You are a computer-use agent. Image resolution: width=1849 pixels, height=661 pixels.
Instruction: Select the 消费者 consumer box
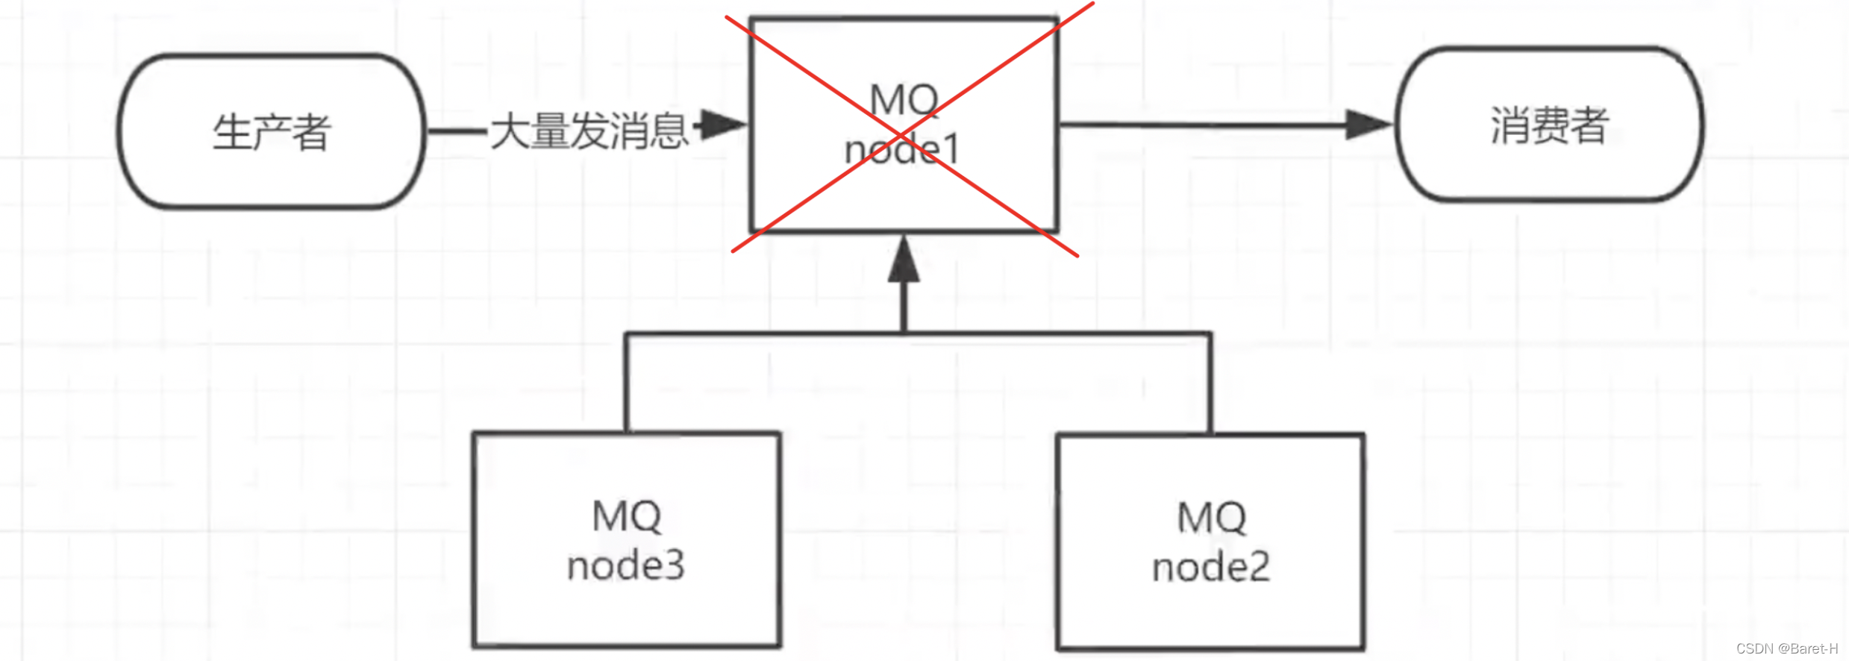[1549, 125]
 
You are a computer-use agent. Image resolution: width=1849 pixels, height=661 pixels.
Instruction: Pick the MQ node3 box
[627, 539]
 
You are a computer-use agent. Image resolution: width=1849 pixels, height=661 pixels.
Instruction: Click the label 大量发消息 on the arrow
[589, 131]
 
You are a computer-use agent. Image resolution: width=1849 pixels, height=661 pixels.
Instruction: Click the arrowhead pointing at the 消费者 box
[1368, 125]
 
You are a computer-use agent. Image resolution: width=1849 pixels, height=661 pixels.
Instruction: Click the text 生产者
[272, 133]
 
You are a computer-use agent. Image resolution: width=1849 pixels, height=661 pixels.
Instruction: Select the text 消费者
[1549, 125]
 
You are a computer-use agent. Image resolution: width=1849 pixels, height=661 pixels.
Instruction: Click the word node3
[626, 566]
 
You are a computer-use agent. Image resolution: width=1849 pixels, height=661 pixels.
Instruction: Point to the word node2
[1210, 567]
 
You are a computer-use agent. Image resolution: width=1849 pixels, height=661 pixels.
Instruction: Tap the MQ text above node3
[627, 516]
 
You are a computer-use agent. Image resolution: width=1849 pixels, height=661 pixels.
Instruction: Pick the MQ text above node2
[1211, 518]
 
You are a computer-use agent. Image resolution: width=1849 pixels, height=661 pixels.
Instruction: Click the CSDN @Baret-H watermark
[1786, 648]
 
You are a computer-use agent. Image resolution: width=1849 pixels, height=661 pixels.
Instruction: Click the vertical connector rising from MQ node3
[626, 382]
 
